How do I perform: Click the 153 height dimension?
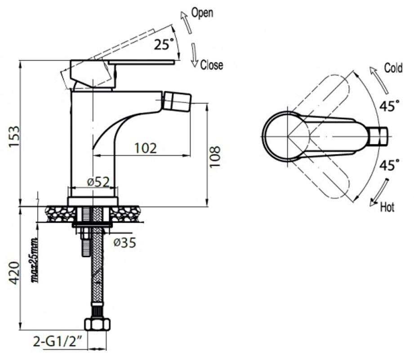[x=14, y=137]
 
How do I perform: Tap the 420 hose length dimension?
[x=14, y=273]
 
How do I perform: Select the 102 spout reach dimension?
[x=146, y=148]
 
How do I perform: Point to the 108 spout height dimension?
[x=215, y=157]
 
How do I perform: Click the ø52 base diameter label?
[x=98, y=182]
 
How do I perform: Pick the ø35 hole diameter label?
[x=125, y=243]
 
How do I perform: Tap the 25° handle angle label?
[x=164, y=44]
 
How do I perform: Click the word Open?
[x=202, y=13]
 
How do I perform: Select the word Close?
[x=211, y=65]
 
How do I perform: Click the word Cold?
[x=393, y=68]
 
